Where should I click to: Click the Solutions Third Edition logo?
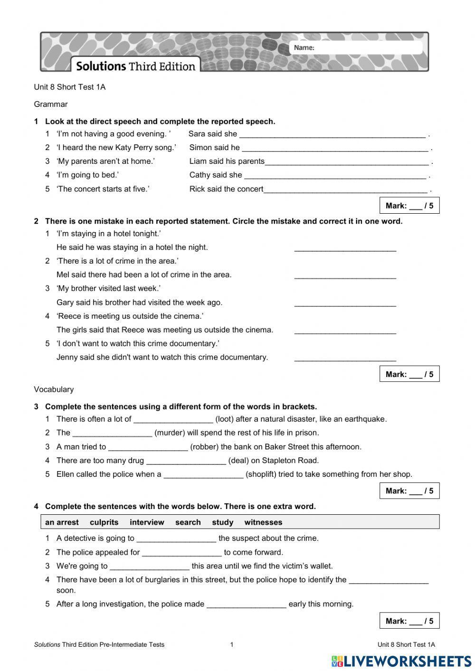[135, 66]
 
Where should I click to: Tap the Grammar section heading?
[51, 104]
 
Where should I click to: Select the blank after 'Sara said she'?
[332, 134]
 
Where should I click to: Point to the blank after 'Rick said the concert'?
[345, 189]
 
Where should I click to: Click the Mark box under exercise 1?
[409, 206]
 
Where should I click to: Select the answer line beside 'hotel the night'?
[345, 248]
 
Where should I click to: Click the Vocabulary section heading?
[54, 389]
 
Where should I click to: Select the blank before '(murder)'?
[112, 433]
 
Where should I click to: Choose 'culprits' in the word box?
[104, 522]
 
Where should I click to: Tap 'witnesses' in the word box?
[263, 522]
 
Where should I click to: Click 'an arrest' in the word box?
[62, 522]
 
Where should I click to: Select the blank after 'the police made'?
[247, 605]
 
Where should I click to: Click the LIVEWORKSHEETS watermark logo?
[401, 661]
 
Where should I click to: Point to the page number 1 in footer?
[232, 644]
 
